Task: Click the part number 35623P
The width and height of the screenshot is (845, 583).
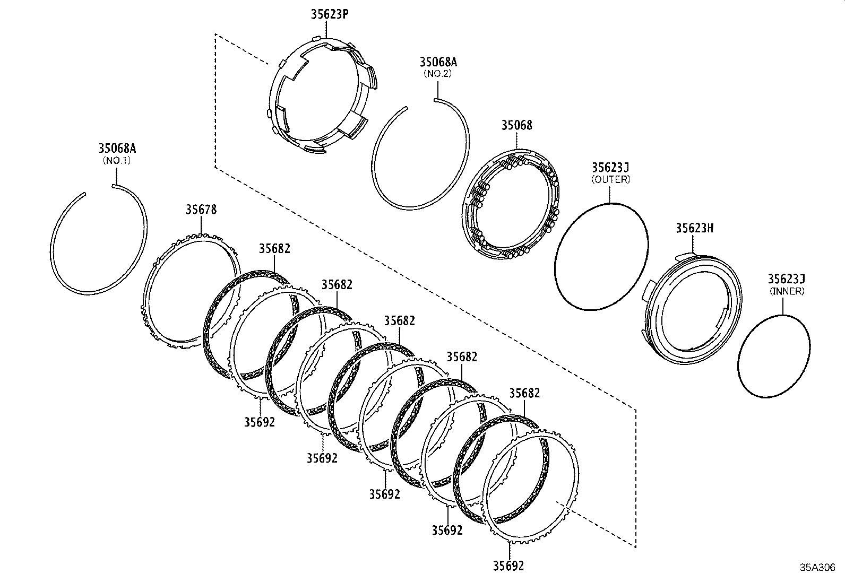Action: [329, 14]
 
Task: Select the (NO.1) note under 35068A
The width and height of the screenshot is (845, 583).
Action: [116, 160]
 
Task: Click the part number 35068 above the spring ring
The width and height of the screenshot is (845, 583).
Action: [516, 125]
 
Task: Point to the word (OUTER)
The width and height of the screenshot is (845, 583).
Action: [610, 179]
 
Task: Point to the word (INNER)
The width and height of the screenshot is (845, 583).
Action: [786, 291]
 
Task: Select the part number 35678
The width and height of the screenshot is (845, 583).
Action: [201, 210]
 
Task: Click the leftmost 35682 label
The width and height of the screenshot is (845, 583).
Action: [274, 248]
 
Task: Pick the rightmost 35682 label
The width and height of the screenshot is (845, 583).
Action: [524, 393]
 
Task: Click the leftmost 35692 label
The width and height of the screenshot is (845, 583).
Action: [260, 422]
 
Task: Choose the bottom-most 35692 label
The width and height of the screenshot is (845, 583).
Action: [508, 565]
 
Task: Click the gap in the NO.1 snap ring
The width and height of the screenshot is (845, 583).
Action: [99, 189]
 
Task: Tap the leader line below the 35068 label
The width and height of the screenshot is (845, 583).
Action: [516, 141]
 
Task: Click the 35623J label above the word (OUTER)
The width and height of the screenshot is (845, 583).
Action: [610, 168]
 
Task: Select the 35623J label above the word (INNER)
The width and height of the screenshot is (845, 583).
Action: [786, 279]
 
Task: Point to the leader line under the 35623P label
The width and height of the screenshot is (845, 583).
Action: [327, 29]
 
